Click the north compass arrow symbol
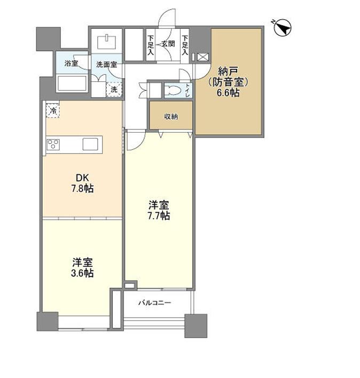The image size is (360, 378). click(283, 27)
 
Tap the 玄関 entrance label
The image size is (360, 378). click(168, 44)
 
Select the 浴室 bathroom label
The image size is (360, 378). click(71, 64)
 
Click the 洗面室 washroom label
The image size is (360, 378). click(107, 64)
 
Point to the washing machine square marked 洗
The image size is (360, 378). click(114, 89)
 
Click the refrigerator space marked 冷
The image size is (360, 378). click(53, 111)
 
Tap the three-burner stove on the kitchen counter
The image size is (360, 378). click(53, 145)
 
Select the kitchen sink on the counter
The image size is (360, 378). click(90, 144)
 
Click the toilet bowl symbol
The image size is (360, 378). click(174, 90)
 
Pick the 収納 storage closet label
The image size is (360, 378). click(171, 117)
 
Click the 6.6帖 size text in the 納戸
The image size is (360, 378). click(228, 92)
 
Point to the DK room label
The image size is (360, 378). click(82, 178)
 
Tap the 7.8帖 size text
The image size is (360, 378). click(82, 188)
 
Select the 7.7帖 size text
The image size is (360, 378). click(159, 215)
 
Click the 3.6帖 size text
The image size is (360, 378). click(82, 273)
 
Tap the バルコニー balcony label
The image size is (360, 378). click(154, 303)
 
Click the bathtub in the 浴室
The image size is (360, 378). click(72, 83)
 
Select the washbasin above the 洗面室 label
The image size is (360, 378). click(106, 42)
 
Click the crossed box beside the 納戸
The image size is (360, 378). click(201, 57)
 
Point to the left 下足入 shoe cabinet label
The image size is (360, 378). click(151, 45)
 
